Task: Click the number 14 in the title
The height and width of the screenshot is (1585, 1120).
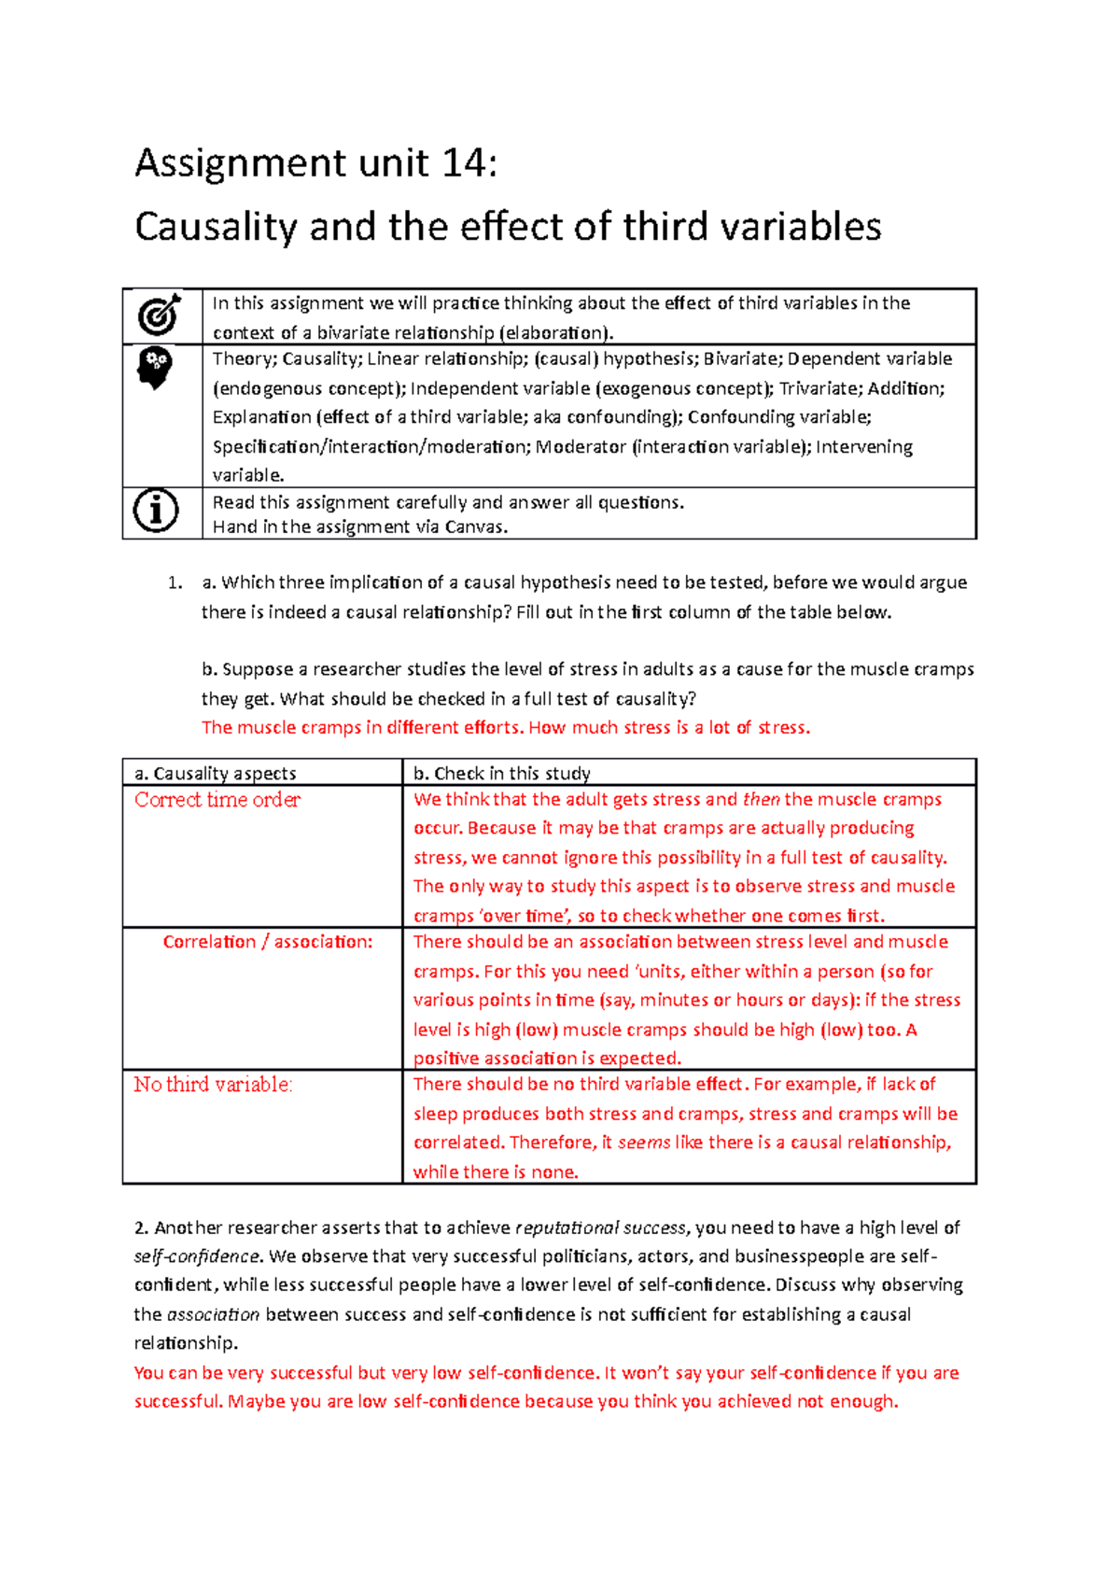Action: coord(463,164)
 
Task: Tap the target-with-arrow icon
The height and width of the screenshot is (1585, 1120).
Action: coord(160,316)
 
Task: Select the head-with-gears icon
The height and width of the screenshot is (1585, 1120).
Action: coord(155,368)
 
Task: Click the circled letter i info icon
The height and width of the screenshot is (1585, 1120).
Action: coord(156,511)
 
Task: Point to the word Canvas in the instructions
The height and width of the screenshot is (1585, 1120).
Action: coord(475,527)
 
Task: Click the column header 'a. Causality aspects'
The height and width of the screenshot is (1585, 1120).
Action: coord(215,774)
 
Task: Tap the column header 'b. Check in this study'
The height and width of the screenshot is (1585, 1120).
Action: coord(501,774)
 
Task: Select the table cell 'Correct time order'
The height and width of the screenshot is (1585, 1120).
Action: coord(217,800)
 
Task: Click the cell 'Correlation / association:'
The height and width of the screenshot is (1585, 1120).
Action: coord(267,942)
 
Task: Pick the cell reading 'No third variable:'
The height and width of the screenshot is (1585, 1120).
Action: coord(213,1085)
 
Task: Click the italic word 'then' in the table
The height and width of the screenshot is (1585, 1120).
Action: coord(761,800)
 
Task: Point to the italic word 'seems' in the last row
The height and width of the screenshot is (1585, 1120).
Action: coord(643,1143)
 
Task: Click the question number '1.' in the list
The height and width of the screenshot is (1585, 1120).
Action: coord(175,583)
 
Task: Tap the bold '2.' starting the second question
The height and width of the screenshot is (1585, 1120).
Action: coord(141,1228)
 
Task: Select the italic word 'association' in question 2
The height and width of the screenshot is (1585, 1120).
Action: coord(213,1315)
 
